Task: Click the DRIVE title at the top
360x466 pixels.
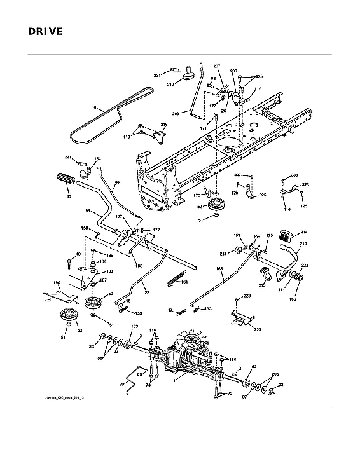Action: coord(45,31)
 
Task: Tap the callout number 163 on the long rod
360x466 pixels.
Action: coord(219,270)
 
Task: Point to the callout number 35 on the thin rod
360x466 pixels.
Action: coord(117,182)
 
